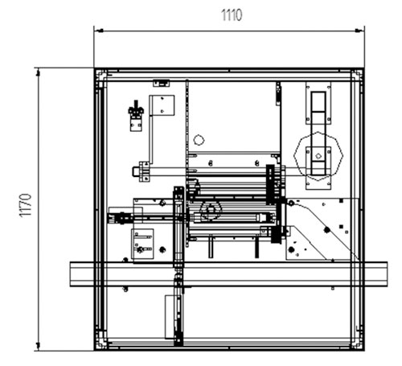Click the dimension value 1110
click(232, 15)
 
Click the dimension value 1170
click(26, 205)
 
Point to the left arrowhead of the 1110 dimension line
click(100, 31)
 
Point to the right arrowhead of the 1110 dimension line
click(359, 31)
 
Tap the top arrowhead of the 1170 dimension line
click(38, 72)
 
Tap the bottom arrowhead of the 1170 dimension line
click(38, 345)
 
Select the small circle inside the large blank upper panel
click(199, 140)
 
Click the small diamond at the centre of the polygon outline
click(318, 156)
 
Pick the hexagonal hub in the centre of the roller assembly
click(211, 209)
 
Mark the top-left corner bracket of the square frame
click(101, 75)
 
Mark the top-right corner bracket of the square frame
click(357, 75)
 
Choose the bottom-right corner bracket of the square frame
click(357, 344)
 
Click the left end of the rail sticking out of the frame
click(71, 274)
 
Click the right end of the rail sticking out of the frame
click(387, 274)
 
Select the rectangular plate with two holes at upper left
click(162, 105)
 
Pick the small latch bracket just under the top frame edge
click(162, 83)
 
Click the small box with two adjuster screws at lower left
click(142, 244)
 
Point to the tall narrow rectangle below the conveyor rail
click(170, 317)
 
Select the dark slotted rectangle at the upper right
click(318, 134)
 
